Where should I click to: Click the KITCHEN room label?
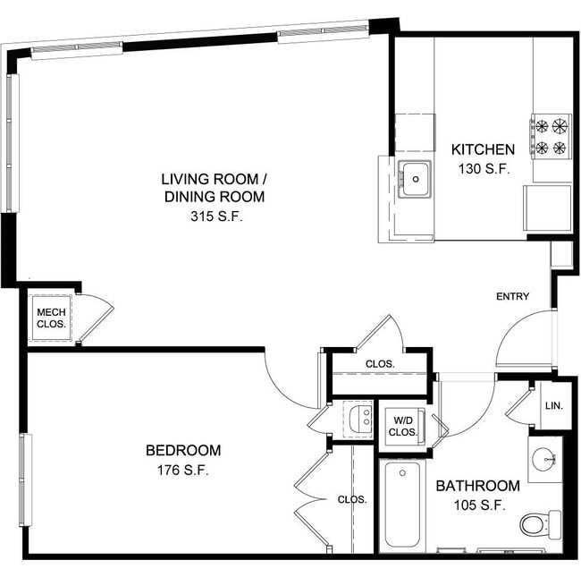(482, 149)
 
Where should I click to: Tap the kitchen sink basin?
(415, 180)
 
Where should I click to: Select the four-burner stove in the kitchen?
(551, 136)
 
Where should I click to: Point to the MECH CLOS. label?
(50, 318)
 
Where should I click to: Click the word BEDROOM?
(183, 450)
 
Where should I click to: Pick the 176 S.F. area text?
(183, 471)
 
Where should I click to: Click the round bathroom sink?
(544, 460)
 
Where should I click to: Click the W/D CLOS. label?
(402, 426)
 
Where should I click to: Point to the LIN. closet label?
(553, 405)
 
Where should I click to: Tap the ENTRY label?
(513, 297)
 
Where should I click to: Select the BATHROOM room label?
(477, 486)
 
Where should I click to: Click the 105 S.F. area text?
(477, 505)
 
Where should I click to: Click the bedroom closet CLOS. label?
(352, 499)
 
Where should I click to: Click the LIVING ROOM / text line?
(214, 177)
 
